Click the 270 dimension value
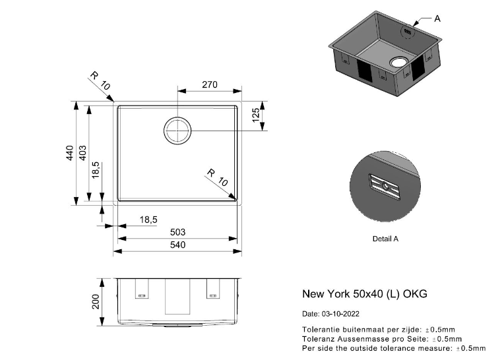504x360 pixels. pos(210,84)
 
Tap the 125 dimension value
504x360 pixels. pos(256,115)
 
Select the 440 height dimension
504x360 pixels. pos(70,153)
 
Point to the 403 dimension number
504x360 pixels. pos(82,153)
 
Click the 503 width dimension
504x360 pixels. pos(177,232)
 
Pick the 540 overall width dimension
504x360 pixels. pos(177,245)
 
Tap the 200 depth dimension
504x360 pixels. pos(96,301)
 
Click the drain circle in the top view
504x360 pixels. pos(177,131)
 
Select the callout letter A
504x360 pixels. pos(437,18)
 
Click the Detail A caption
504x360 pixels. pos(385,239)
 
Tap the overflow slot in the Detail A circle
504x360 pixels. pos(385,187)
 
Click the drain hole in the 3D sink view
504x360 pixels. pos(399,61)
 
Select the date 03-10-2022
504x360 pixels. pos(340,314)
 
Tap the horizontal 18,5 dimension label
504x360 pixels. pos(148,220)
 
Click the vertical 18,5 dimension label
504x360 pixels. pos(96,170)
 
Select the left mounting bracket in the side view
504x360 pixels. pos(142,289)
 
